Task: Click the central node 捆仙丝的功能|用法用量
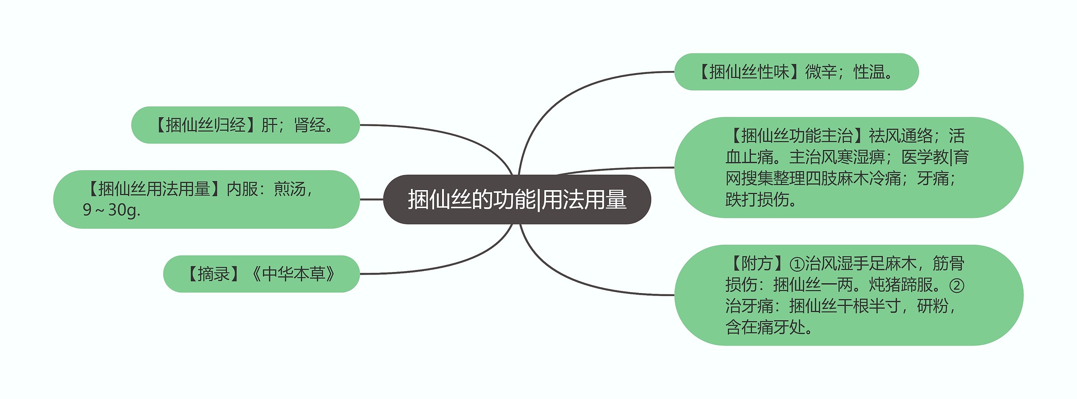point(517,199)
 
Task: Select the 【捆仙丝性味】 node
point(796,72)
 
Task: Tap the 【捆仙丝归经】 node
point(245,125)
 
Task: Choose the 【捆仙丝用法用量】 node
point(206,199)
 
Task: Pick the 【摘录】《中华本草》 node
point(261,274)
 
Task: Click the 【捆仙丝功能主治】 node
point(848,167)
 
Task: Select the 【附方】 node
point(848,295)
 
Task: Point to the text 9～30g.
point(111,210)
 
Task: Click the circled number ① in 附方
point(797,264)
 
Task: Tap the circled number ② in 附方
point(957,285)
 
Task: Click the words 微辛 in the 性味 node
point(821,72)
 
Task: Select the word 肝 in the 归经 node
point(269,125)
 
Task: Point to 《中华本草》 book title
point(293,274)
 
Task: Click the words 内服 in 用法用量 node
point(242,189)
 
